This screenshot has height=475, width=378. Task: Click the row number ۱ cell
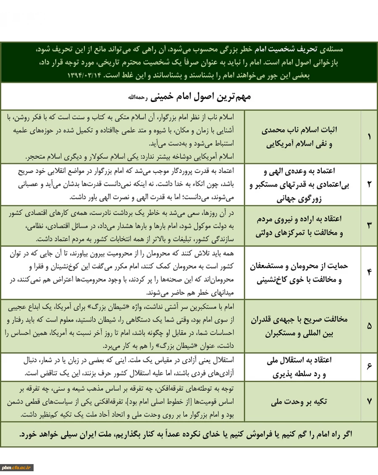pyautogui.click(x=369, y=137)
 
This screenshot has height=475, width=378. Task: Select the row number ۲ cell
pyautogui.click(x=369, y=184)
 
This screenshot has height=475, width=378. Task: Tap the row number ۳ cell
pyautogui.click(x=369, y=225)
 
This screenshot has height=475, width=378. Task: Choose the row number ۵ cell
pyautogui.click(x=369, y=326)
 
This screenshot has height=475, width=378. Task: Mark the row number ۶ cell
pyautogui.click(x=369, y=367)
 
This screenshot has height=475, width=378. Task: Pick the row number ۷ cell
pyautogui.click(x=369, y=402)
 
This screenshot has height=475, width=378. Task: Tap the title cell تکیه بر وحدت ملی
pyautogui.click(x=299, y=402)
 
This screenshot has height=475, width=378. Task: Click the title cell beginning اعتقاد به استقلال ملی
pyautogui.click(x=299, y=367)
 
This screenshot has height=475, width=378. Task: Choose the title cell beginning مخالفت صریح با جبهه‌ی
pyautogui.click(x=299, y=326)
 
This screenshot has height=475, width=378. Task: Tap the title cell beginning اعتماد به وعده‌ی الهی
pyautogui.click(x=299, y=184)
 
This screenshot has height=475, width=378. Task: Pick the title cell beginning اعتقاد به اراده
pyautogui.click(x=299, y=225)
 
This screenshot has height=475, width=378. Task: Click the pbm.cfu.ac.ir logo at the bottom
pyautogui.click(x=16, y=468)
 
